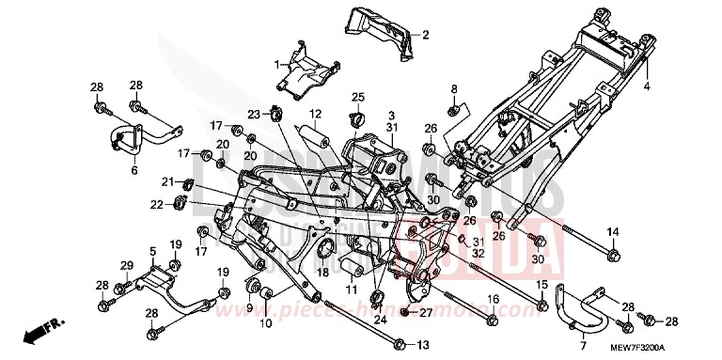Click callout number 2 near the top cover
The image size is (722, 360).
pyautogui.click(x=425, y=36)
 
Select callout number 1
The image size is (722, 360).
pyautogui.click(x=277, y=64)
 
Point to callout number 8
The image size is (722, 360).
pyautogui.click(x=453, y=88)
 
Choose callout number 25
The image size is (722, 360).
pyautogui.click(x=357, y=97)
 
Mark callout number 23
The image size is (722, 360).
pyautogui.click(x=253, y=114)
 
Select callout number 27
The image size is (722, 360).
pyautogui.click(x=425, y=312)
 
